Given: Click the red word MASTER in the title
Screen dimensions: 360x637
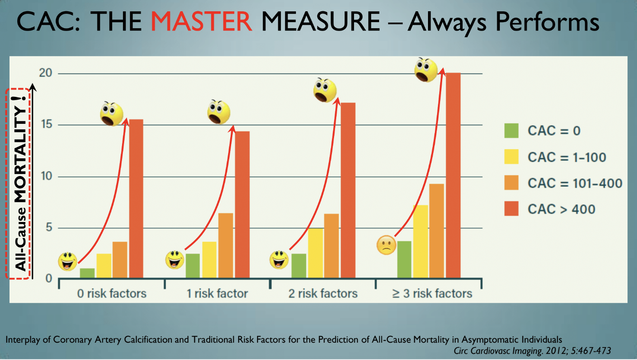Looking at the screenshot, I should [202, 22].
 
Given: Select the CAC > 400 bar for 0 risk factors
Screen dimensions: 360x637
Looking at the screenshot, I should [136, 199].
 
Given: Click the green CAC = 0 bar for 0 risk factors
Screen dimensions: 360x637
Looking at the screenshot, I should [87, 273].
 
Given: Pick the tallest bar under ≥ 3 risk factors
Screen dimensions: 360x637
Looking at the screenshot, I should [453, 175].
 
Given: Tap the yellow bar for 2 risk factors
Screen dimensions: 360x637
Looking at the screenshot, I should [315, 253].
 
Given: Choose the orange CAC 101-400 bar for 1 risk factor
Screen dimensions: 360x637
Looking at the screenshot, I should [225, 245].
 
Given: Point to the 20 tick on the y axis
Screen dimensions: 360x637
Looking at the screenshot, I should [45, 73].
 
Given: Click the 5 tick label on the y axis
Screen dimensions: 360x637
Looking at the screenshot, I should [49, 228].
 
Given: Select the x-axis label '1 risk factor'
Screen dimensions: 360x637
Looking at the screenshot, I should [217, 293].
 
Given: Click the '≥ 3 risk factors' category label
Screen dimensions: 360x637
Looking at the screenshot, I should [432, 293].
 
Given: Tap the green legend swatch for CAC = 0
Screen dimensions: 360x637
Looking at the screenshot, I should [511, 131].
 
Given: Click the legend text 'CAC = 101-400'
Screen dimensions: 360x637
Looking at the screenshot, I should [575, 183].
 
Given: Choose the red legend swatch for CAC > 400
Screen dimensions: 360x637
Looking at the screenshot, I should [511, 209].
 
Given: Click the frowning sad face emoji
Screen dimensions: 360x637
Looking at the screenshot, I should [386, 245].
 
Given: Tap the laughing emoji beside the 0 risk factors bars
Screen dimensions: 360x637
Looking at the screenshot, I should [68, 261].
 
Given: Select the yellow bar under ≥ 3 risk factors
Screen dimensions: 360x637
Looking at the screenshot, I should [420, 241].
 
